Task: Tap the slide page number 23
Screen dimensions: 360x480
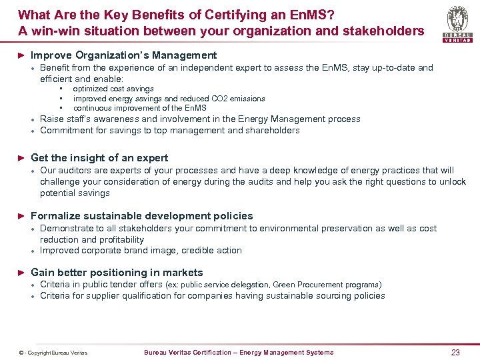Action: point(455,353)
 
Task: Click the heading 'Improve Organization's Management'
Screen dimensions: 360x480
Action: point(123,55)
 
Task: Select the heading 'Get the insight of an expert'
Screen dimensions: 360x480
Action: point(99,158)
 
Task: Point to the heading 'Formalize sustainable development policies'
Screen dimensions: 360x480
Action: point(142,216)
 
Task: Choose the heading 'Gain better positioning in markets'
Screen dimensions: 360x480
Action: point(117,273)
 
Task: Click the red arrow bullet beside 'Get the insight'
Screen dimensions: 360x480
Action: point(21,158)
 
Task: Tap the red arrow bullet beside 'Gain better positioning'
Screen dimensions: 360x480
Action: point(21,273)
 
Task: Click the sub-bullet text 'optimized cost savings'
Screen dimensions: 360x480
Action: point(113,89)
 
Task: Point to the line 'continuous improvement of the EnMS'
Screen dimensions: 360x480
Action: point(140,108)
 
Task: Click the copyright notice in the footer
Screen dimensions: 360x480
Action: point(53,353)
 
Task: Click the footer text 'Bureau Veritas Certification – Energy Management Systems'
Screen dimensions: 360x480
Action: point(239,353)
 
